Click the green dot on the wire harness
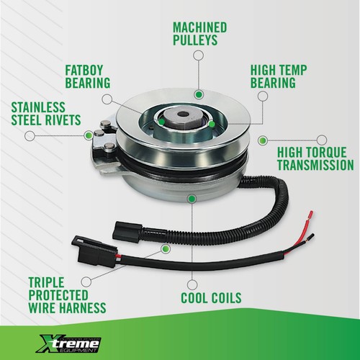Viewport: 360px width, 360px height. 166,248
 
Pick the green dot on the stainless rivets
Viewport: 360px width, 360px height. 90,132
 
